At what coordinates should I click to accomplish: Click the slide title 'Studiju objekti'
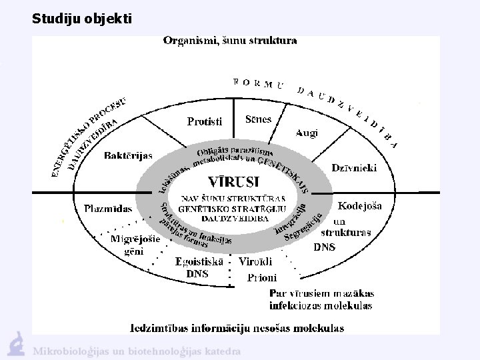(x=82, y=19)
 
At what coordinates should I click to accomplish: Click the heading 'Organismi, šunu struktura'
(x=230, y=41)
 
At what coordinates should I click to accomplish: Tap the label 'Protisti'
(x=205, y=121)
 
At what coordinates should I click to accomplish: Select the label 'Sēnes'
(x=258, y=119)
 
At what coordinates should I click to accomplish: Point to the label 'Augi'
(x=307, y=133)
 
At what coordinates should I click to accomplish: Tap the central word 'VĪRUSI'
(x=234, y=181)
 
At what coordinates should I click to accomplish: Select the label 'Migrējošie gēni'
(x=135, y=245)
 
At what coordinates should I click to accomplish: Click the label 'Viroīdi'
(x=256, y=261)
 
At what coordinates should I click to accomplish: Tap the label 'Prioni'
(x=262, y=277)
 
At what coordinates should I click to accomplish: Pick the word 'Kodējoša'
(x=360, y=205)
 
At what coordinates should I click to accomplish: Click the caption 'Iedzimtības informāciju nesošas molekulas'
(x=237, y=327)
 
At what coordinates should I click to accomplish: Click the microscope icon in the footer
(x=15, y=344)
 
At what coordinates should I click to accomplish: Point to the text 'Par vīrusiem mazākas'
(x=321, y=293)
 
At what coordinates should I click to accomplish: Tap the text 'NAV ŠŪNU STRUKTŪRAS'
(x=234, y=198)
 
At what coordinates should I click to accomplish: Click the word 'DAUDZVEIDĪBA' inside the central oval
(x=234, y=217)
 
